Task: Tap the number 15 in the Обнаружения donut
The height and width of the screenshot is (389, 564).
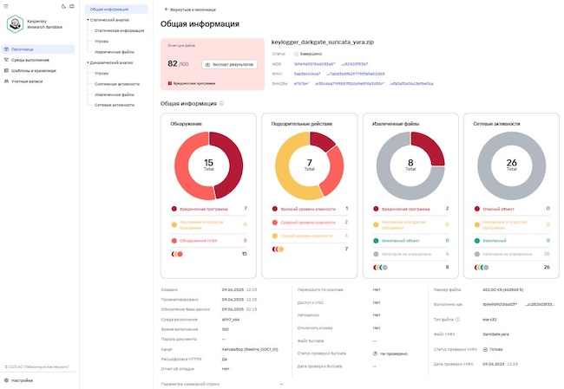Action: pos(208,161)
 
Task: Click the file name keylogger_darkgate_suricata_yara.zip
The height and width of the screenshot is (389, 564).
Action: pos(321,41)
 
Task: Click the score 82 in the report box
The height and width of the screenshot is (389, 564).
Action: pos(173,63)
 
